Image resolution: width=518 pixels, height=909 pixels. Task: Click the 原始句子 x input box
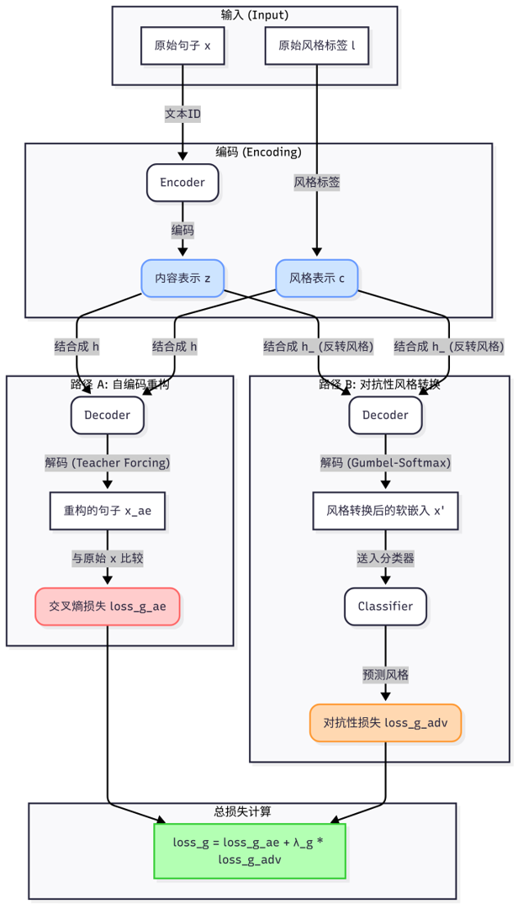click(x=182, y=47)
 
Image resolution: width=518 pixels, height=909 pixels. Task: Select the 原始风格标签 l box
click(x=316, y=47)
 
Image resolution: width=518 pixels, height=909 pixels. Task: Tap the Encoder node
click(x=182, y=182)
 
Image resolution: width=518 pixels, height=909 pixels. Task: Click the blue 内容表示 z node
click(x=182, y=278)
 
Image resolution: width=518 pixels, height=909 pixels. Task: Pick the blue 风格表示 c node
click(x=317, y=278)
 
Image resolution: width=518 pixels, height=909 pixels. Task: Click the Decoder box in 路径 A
click(x=108, y=415)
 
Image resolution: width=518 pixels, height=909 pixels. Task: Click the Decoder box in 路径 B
click(x=385, y=415)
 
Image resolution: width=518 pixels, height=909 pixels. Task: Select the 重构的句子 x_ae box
click(x=108, y=509)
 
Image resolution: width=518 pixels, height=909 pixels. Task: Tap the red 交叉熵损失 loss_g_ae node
click(x=108, y=606)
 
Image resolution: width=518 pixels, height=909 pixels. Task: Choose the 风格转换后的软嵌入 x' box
click(x=386, y=510)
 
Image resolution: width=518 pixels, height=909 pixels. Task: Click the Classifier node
click(x=385, y=606)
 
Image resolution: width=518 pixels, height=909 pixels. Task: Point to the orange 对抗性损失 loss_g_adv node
click(x=386, y=722)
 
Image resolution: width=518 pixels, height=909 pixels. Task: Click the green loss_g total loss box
click(x=250, y=851)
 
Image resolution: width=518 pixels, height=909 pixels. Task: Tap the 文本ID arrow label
click(x=182, y=114)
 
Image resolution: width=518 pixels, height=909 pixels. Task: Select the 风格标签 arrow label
click(x=317, y=181)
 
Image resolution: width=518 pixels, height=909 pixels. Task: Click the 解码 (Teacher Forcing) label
click(x=108, y=462)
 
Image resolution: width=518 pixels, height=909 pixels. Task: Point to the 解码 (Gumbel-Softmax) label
click(x=385, y=462)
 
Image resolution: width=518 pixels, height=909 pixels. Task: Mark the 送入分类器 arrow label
click(x=385, y=557)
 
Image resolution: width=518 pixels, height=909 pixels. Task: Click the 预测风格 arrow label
click(x=385, y=674)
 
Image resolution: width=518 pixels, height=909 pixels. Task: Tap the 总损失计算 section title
click(x=243, y=811)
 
